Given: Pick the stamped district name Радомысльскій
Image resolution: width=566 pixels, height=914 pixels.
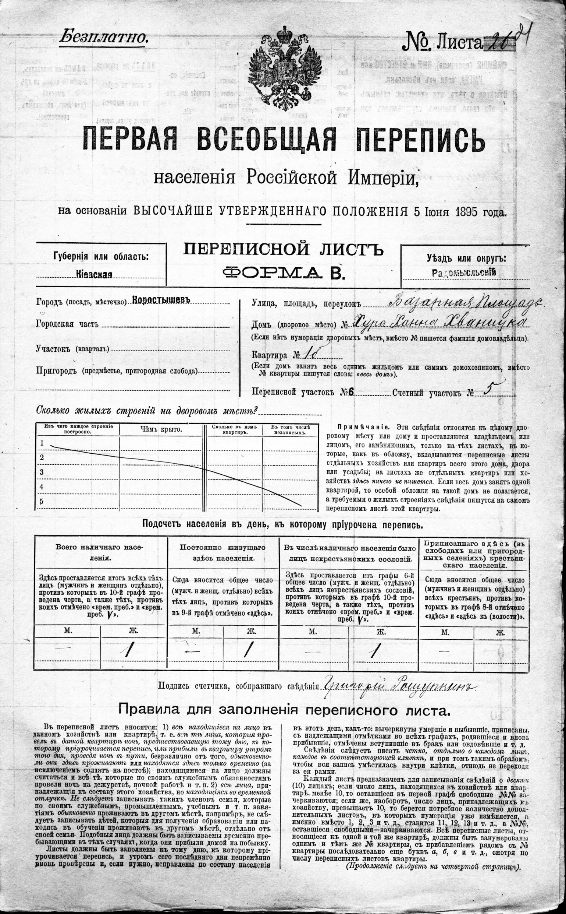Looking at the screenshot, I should [464, 273].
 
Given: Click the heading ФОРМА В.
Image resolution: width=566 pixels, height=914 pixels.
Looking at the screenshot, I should [283, 273].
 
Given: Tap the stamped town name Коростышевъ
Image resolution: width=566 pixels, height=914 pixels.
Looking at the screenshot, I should [161, 300].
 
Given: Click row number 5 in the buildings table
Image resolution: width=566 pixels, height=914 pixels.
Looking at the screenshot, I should [42, 502].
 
